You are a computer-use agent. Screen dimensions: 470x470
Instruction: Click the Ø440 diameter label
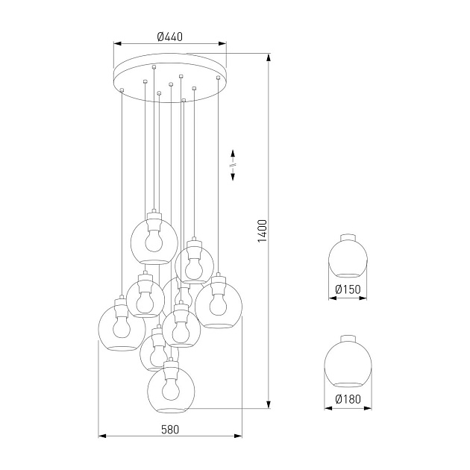171,35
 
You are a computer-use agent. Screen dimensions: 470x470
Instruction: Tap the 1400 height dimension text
261,232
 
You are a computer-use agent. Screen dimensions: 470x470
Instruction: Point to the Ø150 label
348,289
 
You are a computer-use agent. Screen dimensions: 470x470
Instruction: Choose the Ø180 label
348,399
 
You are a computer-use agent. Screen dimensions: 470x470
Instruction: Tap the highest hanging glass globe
154,241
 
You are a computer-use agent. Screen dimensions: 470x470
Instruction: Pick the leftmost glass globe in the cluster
122,328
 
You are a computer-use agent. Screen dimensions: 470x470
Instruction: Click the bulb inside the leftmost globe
121,327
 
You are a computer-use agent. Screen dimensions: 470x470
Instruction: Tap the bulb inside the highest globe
154,240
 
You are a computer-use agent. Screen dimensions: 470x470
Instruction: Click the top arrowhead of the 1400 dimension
268,57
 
